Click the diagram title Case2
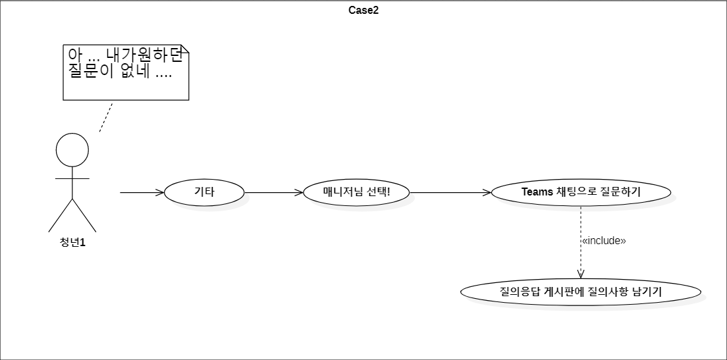click(363, 11)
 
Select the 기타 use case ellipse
click(204, 192)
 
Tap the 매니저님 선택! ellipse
click(356, 192)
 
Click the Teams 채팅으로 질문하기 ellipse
click(581, 192)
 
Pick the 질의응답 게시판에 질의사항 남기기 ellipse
click(581, 293)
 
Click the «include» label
click(603, 241)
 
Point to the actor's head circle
click(72, 149)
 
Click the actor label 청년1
click(72, 242)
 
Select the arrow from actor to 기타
click(142, 192)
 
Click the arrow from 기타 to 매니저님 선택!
click(274, 192)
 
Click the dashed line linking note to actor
click(106, 116)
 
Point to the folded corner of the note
click(184, 49)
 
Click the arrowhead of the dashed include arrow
click(581, 276)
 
